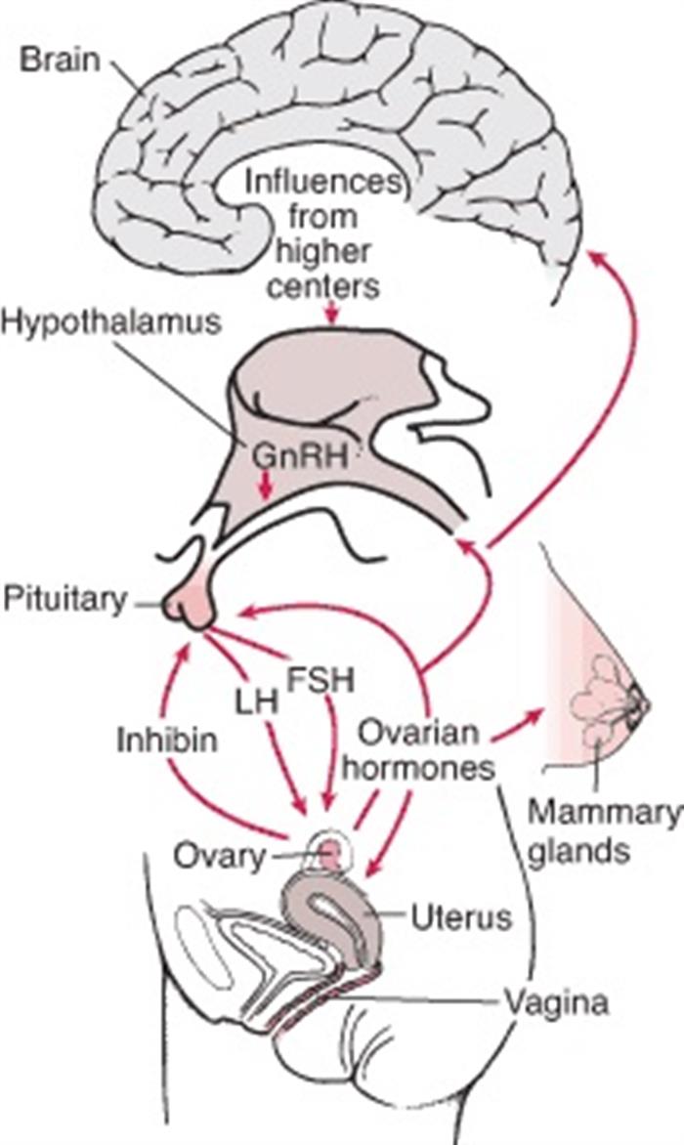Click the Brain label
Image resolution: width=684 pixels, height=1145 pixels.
60,60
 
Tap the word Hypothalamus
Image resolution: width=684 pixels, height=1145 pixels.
111,322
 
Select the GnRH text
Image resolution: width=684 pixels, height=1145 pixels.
298,456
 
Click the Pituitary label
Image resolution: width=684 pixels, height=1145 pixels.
65,600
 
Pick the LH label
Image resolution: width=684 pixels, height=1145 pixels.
257,701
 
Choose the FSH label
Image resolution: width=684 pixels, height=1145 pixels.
321,679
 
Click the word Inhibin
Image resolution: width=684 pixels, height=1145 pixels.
167,740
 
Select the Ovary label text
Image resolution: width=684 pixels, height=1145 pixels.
220,856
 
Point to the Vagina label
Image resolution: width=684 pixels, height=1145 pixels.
557,1003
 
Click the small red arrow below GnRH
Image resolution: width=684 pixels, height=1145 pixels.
267,486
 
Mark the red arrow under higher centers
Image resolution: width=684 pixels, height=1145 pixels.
332,312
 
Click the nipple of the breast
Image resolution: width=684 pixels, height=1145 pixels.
642,701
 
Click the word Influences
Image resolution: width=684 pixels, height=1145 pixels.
322,183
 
